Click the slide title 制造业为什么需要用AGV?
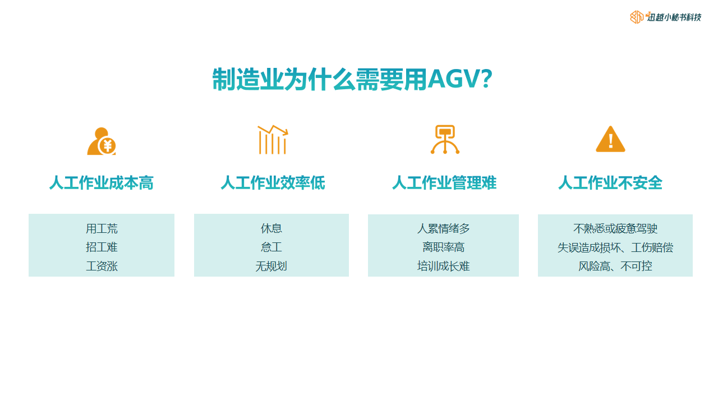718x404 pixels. pos(352,79)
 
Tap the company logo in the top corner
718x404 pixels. pos(665,17)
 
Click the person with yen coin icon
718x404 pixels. pos(102,141)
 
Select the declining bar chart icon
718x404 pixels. pos(273,140)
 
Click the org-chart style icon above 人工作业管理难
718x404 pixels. pos(445,140)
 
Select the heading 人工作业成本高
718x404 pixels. pos(102,183)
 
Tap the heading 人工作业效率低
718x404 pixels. pos(273,183)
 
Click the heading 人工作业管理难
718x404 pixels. pos(444,183)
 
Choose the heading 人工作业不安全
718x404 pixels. pos(610,183)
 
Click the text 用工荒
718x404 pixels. pos(102,228)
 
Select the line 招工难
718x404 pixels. pos(102,247)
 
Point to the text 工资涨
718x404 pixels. pos(102,266)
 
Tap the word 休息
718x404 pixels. pos(271,228)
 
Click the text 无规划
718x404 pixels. pos(271,266)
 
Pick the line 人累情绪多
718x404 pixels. pos(443,228)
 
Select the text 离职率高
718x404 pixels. pos(443,247)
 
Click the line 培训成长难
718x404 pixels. pos(443,266)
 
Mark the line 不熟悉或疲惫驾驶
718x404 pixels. pos(615,228)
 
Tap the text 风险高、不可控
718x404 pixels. pos(615,266)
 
